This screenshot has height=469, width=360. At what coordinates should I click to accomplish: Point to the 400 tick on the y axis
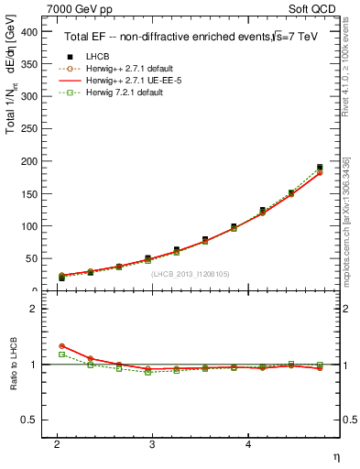[x=30, y=32]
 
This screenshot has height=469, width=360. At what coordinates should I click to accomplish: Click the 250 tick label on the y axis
[x=30, y=129]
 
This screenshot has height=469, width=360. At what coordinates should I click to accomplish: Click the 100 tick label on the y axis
[x=30, y=226]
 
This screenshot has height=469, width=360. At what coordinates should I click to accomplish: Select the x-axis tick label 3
[x=152, y=444]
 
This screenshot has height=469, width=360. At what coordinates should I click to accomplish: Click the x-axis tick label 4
[x=248, y=444]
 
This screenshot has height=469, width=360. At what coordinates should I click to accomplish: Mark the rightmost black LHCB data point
[x=320, y=168]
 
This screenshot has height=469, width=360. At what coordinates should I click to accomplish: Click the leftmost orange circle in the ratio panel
[x=61, y=345]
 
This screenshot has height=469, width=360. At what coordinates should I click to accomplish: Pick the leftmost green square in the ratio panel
[x=61, y=354]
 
